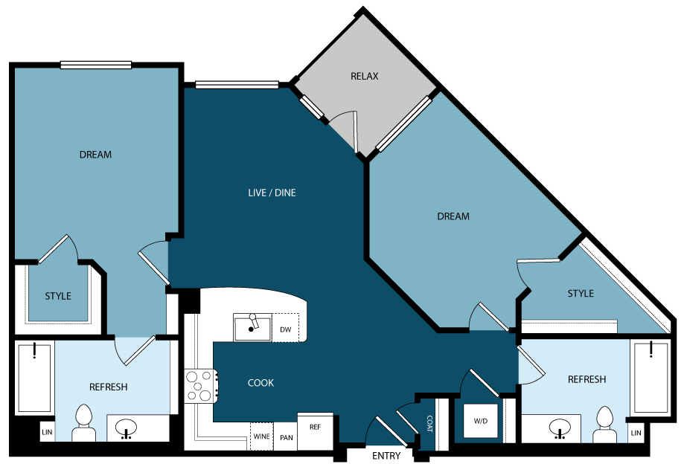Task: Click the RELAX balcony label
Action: tap(365, 76)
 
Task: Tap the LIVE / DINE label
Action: tap(272, 193)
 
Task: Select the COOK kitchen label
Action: tap(261, 383)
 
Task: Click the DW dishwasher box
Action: tap(285, 329)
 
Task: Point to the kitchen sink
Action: tap(252, 327)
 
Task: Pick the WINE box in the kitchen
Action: tap(261, 436)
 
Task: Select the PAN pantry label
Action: tap(286, 438)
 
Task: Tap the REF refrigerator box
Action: tap(315, 427)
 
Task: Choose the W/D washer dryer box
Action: tap(481, 422)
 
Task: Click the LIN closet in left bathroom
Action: tap(46, 431)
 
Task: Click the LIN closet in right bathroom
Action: tap(636, 431)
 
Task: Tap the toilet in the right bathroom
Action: tap(604, 423)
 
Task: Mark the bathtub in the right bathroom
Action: tap(651, 378)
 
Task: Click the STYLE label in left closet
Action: tap(58, 296)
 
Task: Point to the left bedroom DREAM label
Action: tap(95, 155)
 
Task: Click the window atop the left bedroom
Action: tap(95, 65)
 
